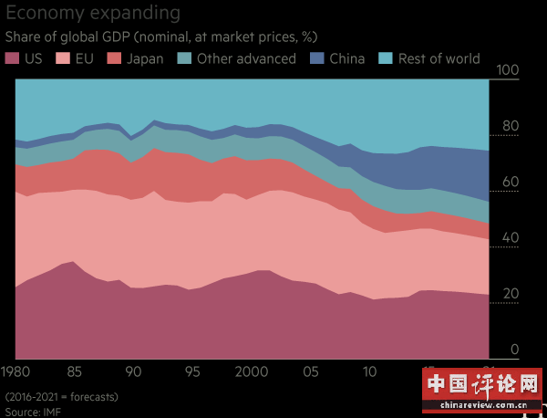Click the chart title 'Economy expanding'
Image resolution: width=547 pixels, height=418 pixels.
coord(92,14)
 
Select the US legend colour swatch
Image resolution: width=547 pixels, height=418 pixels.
coord(13,58)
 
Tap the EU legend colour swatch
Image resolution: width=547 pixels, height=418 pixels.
coord(62,58)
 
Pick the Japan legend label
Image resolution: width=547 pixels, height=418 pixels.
coord(146,58)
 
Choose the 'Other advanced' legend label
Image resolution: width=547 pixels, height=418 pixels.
coord(246,58)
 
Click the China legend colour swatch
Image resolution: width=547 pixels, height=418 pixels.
coord(316,58)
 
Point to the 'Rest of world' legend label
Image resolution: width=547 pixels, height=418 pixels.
coord(439,58)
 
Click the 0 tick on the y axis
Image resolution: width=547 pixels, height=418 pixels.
coord(513,350)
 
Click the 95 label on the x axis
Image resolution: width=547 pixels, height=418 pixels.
coord(191,371)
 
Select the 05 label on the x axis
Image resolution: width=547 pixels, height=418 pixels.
coord(311,371)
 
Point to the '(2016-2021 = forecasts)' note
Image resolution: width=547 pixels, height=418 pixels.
coord(61,397)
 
